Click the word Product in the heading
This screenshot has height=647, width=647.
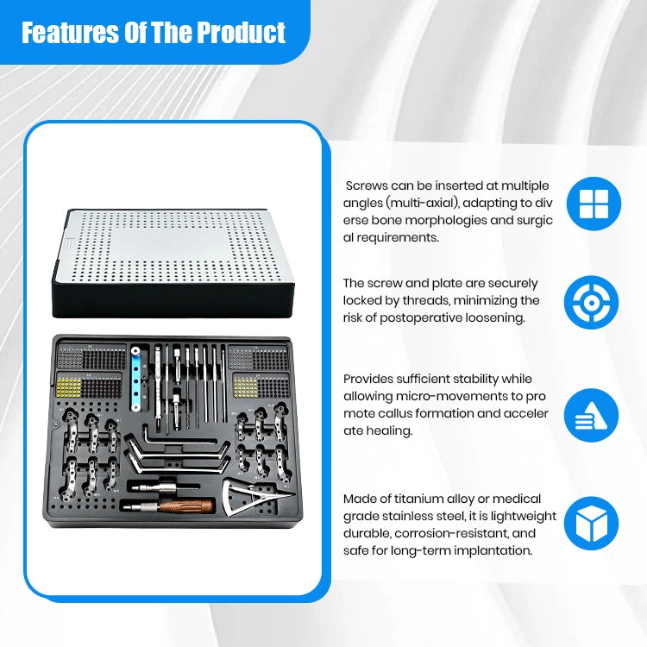240,33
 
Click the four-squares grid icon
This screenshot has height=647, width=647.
594,204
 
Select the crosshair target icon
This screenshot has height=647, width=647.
591,303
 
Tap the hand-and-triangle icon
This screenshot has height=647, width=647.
591,415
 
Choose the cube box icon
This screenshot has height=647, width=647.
591,524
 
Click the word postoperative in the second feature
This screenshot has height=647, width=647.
421,318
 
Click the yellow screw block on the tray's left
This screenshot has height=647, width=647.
68,387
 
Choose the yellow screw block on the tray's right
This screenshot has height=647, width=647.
245,387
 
